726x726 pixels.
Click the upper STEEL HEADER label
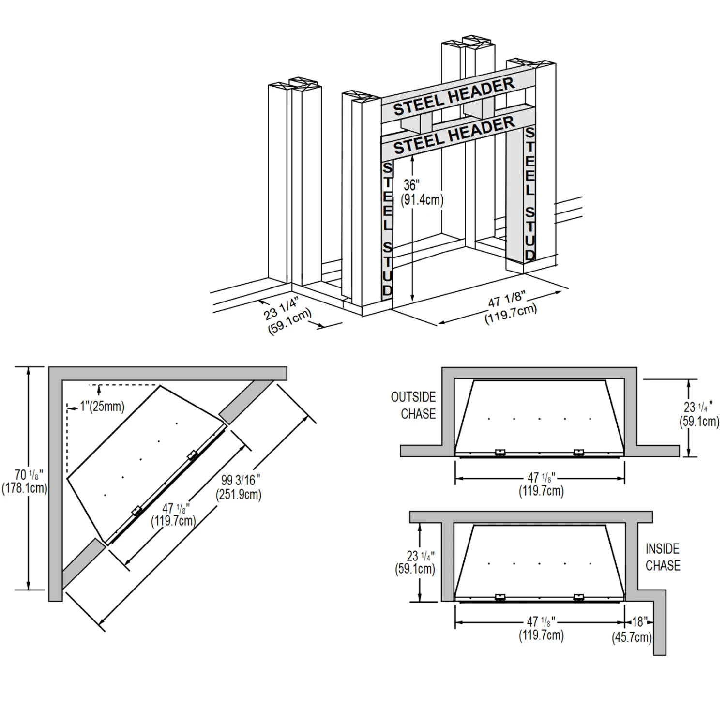coord(454,97)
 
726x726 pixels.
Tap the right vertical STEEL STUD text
coord(530,194)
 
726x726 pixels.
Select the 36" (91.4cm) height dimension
coord(422,193)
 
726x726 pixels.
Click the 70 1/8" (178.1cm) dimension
coord(24,481)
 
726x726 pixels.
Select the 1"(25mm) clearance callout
coord(102,406)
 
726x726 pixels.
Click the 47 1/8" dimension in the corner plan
coord(174,514)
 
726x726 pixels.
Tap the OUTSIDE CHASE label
coord(414,406)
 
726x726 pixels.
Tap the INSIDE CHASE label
coord(663,557)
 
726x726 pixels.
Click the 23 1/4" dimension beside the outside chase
coord(699,414)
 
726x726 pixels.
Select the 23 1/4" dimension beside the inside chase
coord(415,562)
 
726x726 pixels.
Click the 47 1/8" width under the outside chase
coord(541,484)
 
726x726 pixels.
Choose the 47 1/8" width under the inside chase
coord(541,628)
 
